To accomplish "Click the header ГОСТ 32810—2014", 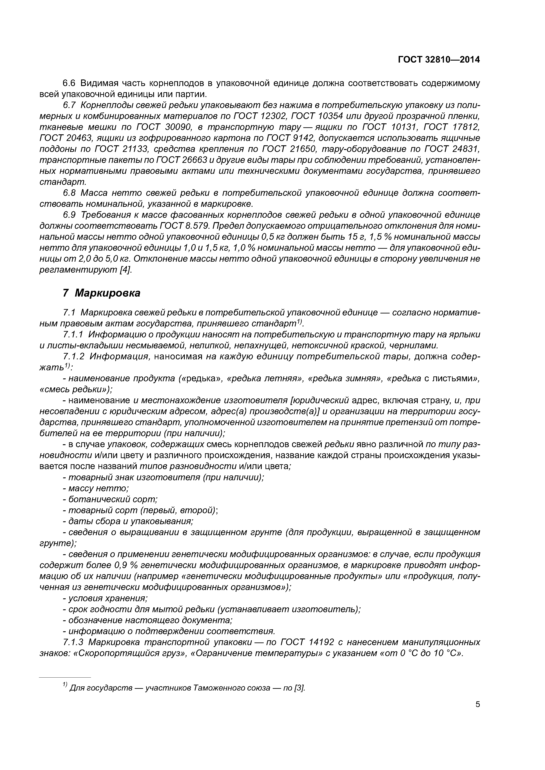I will (x=439, y=60).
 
